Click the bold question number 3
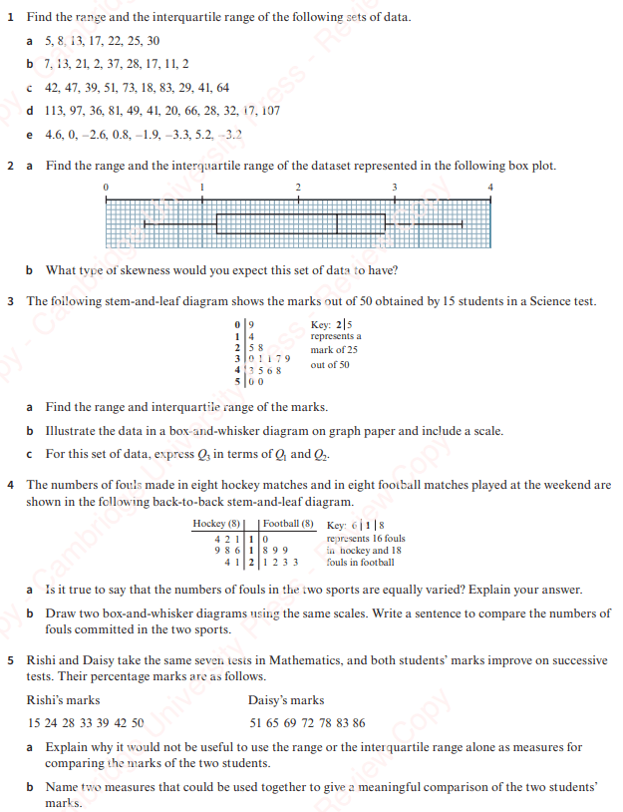click(10, 300)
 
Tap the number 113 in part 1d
click(55, 111)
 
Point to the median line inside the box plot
click(337, 223)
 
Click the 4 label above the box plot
click(490, 188)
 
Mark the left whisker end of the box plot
click(145, 223)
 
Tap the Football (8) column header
click(288, 524)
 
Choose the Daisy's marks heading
click(286, 700)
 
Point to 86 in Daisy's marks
click(358, 723)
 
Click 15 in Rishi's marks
click(34, 723)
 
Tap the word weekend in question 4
click(560, 485)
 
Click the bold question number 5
click(10, 660)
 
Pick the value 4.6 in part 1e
click(55, 135)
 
